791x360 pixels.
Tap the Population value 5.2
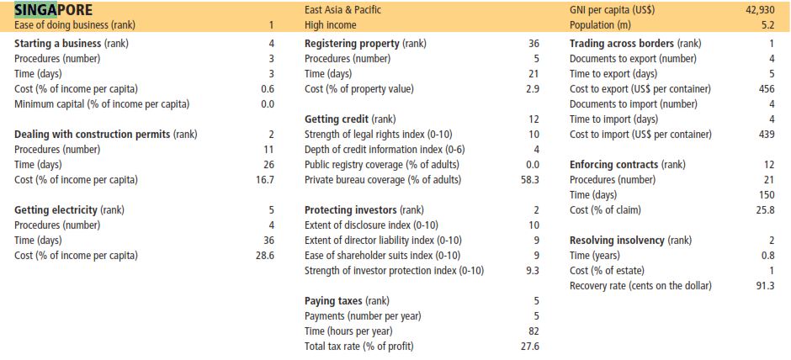coord(768,24)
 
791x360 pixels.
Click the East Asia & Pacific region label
coord(343,10)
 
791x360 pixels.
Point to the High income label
coord(331,24)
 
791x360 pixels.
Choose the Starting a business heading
coord(58,44)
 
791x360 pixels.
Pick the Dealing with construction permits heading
coord(93,135)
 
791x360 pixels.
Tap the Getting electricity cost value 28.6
coord(265,255)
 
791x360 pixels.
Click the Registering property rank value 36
coord(534,44)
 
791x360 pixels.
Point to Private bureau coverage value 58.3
coord(530,179)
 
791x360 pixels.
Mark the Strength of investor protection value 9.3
coord(533,271)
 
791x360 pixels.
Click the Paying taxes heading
coord(333,301)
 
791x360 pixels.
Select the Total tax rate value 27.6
coord(530,347)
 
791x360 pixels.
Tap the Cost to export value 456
coord(767,89)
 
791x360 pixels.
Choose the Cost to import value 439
coord(767,135)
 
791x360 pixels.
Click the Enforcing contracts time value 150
coord(767,194)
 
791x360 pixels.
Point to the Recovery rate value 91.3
coord(766,286)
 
